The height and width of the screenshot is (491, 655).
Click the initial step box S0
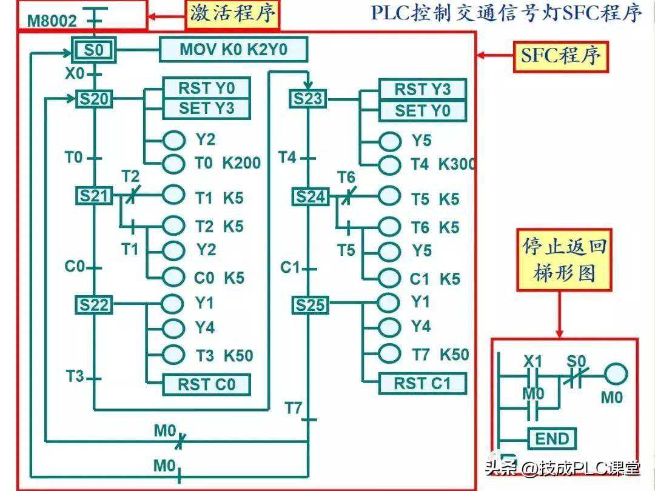tap(93, 50)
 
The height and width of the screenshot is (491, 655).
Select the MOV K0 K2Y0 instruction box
tap(233, 50)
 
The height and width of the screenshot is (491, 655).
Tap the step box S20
tap(93, 99)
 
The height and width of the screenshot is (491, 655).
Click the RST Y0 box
tap(206, 89)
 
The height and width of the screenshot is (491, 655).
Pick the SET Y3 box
tap(206, 109)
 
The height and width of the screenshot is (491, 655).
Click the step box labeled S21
tap(93, 195)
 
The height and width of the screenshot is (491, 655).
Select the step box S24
tap(310, 196)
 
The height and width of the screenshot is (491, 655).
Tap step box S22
tap(93, 305)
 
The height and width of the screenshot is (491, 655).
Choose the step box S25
tap(310, 306)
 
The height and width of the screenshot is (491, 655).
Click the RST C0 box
tap(206, 384)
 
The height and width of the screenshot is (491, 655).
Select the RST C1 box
tap(422, 383)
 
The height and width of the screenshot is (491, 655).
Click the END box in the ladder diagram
tap(553, 438)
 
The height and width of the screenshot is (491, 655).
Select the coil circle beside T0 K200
tap(173, 163)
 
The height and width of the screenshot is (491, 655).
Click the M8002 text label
tap(52, 22)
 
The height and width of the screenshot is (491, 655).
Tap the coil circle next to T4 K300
tap(389, 164)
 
